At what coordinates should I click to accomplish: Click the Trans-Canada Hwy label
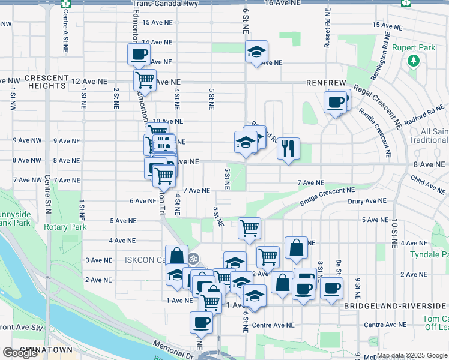(x=165, y=4)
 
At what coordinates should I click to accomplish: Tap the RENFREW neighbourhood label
(x=327, y=82)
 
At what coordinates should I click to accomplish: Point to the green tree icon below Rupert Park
(x=413, y=60)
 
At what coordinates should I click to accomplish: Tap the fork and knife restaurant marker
(x=289, y=148)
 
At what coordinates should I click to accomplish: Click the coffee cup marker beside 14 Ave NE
(x=139, y=55)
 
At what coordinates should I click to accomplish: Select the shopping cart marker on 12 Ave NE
(x=145, y=79)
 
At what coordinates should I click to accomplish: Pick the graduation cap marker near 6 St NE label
(x=256, y=52)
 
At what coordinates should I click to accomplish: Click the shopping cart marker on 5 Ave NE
(x=249, y=227)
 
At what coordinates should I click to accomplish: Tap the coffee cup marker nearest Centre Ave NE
(x=201, y=322)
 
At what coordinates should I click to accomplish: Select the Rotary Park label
(x=65, y=227)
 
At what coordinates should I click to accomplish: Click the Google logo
(x=20, y=353)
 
